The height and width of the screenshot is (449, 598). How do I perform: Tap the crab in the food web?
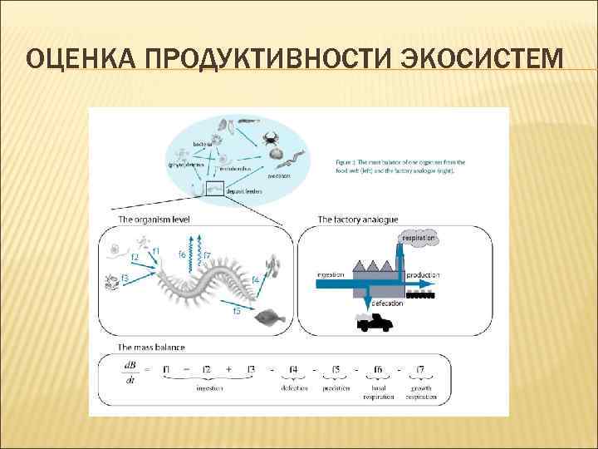[271, 138]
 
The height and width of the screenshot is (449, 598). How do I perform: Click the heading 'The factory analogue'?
[358, 220]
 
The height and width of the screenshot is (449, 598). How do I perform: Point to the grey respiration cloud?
[420, 239]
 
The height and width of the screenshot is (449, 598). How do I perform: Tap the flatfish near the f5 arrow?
[267, 317]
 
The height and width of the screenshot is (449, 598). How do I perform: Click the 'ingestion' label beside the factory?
[331, 274]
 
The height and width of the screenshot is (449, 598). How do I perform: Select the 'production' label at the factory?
[424, 274]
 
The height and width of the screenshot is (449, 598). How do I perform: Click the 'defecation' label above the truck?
[388, 303]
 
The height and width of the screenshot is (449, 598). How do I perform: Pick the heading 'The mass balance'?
[151, 347]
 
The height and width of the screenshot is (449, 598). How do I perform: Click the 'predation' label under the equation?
[336, 388]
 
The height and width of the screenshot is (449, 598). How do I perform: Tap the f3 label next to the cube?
[125, 277]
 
